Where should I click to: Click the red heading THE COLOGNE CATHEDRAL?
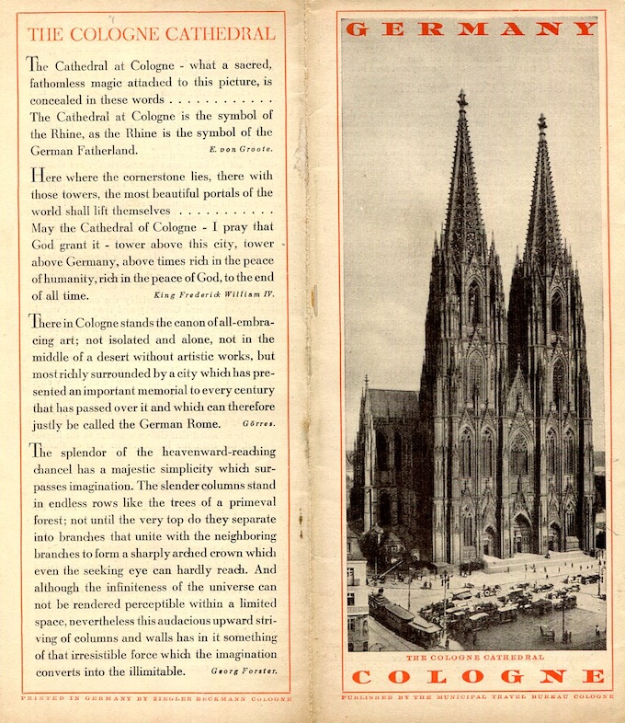151,35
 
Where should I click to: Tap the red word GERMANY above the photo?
470,29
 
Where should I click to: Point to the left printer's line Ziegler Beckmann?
155,699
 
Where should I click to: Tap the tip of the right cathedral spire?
542,119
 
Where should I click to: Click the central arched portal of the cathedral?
521,534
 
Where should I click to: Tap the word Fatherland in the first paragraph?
99,150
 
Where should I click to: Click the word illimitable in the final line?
146,671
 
